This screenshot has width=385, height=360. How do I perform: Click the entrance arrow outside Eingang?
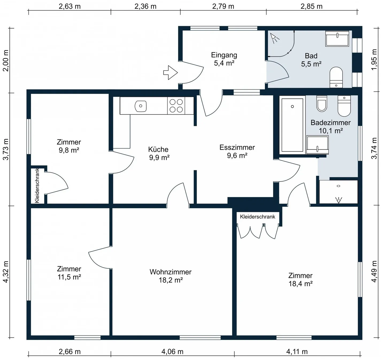tap(171, 73)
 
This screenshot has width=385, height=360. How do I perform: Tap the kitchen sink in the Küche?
tap(141, 106)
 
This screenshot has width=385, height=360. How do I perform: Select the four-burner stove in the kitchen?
tap(176, 105)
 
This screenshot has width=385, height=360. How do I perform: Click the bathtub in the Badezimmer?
tap(292, 125)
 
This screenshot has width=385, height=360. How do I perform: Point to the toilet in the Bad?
tap(336, 77)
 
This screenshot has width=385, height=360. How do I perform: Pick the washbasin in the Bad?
tap(337, 38)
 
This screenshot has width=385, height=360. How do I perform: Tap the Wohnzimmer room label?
tap(170, 272)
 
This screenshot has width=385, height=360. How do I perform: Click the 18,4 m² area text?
tap(301, 284)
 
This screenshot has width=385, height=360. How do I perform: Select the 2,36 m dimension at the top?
tap(145, 6)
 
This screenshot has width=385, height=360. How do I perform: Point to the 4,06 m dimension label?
tap(172, 351)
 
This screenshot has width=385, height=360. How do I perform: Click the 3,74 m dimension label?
tap(374, 148)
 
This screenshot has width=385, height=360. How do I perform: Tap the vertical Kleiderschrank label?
tap(37, 186)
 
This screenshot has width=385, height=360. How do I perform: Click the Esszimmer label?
tap(237, 147)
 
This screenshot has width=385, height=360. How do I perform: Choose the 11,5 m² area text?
tap(69, 277)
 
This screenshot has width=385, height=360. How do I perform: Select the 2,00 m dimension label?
tap(6, 61)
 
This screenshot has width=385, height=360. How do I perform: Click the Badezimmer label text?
tap(330, 123)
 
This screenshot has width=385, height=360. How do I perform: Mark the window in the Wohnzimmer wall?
tap(200, 338)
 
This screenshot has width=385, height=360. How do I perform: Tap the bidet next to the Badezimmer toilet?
tap(322, 104)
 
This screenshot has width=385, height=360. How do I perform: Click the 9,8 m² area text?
tap(69, 150)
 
